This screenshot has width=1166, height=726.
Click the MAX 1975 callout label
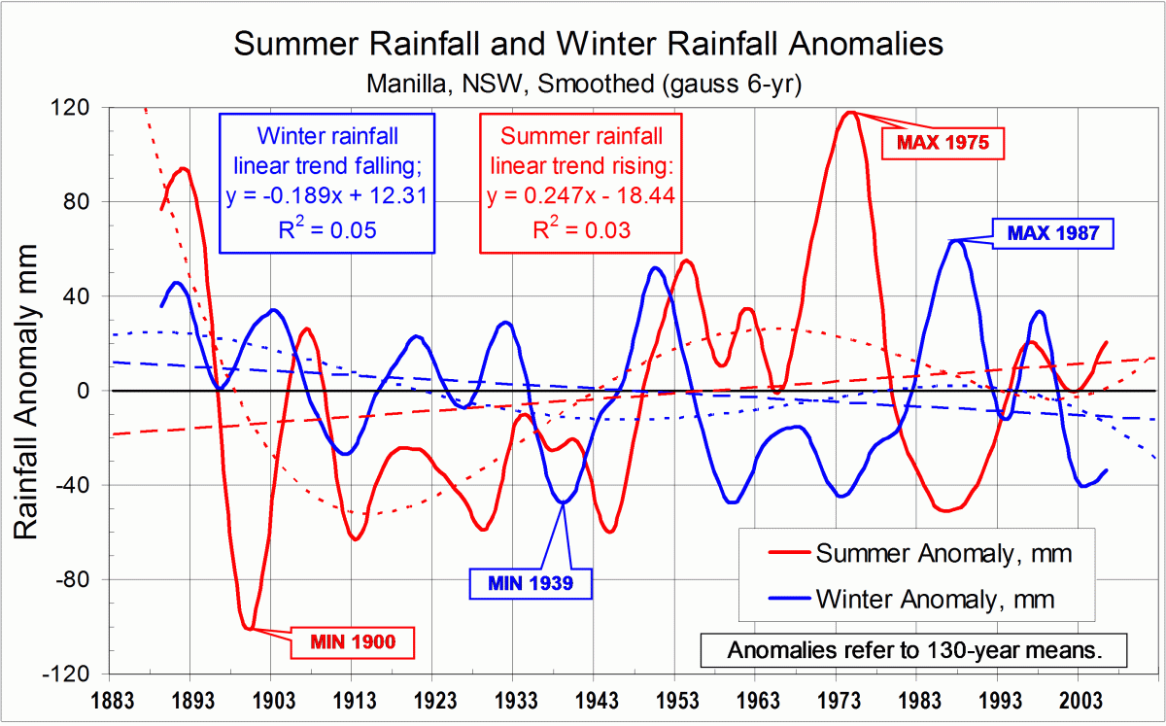[x=942, y=143]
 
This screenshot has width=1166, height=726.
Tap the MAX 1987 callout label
[x=1051, y=233]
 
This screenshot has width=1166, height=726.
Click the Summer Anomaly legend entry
[x=943, y=554]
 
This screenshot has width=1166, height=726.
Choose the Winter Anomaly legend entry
[x=935, y=598]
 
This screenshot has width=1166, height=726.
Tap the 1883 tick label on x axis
[x=109, y=700]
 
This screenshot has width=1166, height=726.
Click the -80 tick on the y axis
[x=78, y=580]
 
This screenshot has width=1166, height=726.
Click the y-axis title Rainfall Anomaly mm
[x=27, y=391]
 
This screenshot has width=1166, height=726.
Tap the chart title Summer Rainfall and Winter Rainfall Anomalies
[x=586, y=44]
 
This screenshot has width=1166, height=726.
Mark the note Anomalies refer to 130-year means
[x=914, y=650]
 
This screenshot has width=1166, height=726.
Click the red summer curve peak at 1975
[x=850, y=112]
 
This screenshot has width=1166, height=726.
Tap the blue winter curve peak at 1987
[x=956, y=240]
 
